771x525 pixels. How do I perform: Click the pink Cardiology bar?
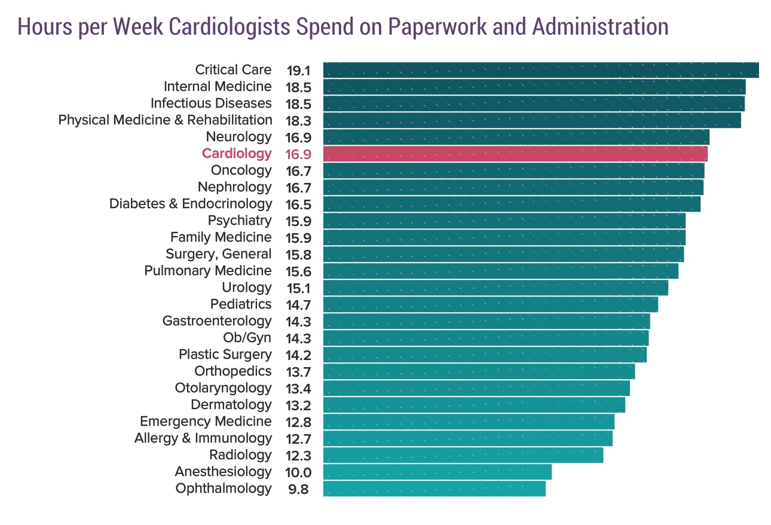click(515, 154)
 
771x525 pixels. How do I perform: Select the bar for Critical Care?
click(541, 70)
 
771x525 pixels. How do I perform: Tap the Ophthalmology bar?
click(435, 489)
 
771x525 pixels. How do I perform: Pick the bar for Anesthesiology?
click(437, 472)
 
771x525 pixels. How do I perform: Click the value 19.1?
click(298, 70)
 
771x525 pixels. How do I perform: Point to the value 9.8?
click(298, 489)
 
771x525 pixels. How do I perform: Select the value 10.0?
click(298, 472)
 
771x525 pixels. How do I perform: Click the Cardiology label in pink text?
click(237, 154)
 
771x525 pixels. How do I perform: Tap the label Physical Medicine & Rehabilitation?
click(165, 120)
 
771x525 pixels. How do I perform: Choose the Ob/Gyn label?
click(247, 338)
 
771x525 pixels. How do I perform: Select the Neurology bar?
click(516, 137)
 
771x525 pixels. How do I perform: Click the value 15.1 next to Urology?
click(298, 288)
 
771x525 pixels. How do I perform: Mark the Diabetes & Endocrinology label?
click(190, 204)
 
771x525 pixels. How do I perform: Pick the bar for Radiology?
click(463, 455)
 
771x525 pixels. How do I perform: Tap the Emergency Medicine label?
click(206, 422)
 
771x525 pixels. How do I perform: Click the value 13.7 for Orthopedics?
click(298, 371)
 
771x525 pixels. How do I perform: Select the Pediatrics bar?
click(491, 304)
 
